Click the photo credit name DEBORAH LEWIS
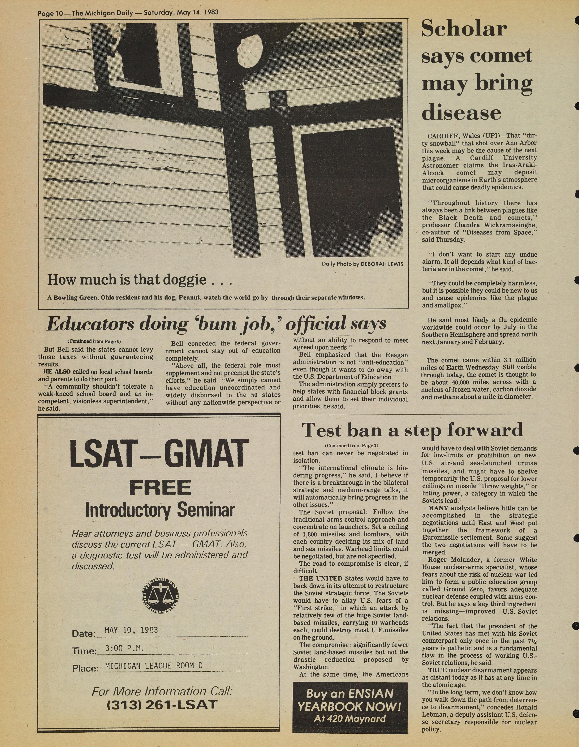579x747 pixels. click(382, 264)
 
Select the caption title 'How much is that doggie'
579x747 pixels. click(127, 280)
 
